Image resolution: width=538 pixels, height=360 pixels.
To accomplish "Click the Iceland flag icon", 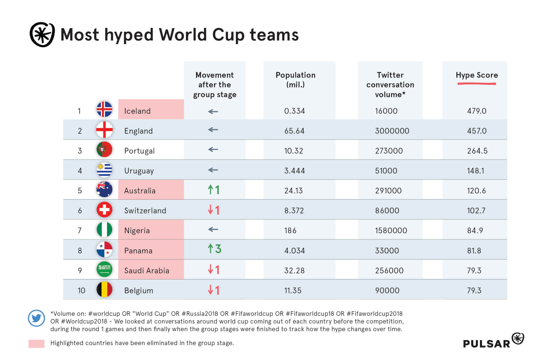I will pos(104,109).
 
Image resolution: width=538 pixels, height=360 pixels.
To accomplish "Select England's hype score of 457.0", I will pos(477,131).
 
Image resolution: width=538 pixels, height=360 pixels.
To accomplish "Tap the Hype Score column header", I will pos(477,75).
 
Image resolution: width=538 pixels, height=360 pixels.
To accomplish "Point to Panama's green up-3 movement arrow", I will pos(214,249).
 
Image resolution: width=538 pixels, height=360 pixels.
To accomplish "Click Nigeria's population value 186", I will pos(290,230).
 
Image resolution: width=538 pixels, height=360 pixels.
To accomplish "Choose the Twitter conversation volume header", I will pos(390,85).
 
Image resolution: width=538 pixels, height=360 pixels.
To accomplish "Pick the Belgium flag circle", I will pos(104,289).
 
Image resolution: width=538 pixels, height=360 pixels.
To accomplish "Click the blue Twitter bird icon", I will pos(37,318).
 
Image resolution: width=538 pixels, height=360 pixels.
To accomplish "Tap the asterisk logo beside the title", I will pos(42,35).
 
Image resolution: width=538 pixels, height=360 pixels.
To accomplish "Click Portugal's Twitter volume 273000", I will pos(389,151).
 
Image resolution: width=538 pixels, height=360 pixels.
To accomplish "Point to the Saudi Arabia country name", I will pos(147,270).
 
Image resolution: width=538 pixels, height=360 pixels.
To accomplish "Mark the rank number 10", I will pos(81,291).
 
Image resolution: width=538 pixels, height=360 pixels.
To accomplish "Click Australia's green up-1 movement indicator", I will pos(214,190).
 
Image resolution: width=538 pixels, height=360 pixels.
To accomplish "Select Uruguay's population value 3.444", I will pos(295,171).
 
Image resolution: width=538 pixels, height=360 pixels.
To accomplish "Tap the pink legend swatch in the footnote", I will pos(36,344).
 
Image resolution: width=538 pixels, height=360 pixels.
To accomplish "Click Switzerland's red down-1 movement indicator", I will pos(214,210).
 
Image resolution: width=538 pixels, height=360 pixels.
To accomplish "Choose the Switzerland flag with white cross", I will pos(104,210).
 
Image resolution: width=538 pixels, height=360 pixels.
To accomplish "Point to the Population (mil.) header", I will pos(295,80).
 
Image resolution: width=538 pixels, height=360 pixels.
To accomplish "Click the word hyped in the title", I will pos(129,35).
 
